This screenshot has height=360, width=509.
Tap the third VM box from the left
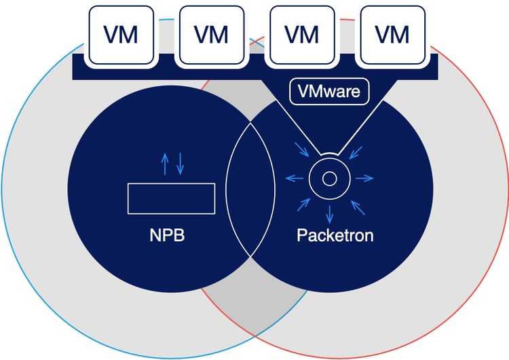[301, 33]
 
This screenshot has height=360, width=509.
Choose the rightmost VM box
[392, 33]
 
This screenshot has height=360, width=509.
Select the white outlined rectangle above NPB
[172, 198]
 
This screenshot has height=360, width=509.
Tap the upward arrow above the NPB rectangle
[164, 164]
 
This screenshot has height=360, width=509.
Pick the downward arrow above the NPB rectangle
[180, 164]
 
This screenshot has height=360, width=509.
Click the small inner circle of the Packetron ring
[329, 179]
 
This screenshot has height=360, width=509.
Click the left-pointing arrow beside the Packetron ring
[294, 179]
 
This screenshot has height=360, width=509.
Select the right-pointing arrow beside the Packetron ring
[364, 179]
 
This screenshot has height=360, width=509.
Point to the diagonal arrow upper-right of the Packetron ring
[356, 150]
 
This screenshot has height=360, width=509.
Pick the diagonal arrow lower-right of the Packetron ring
[356, 204]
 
